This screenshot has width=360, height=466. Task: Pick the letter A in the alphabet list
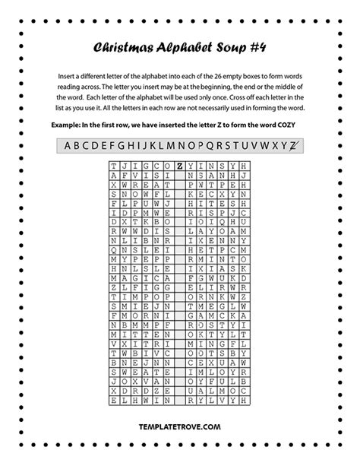[67, 146]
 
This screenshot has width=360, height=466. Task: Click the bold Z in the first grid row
[178, 165]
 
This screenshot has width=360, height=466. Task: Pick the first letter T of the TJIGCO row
[114, 165]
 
